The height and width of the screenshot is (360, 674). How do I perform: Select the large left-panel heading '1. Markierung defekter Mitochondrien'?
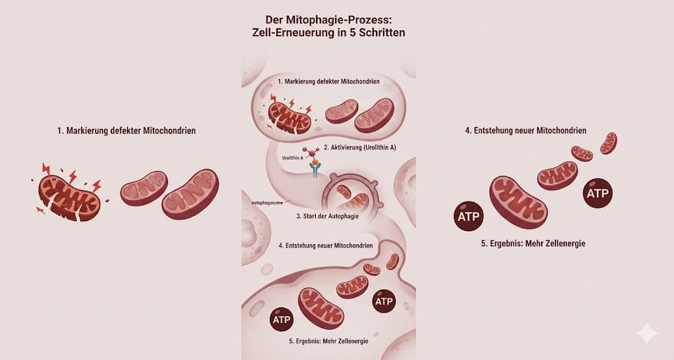pos(126,131)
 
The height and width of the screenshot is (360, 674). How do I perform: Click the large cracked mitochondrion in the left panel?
pos(69,195)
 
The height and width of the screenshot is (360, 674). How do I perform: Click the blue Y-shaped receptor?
pos(316,172)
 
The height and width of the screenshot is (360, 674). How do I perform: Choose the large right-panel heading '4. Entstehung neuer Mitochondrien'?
pos(525,131)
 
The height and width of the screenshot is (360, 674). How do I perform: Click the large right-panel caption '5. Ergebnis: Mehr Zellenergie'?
pos(533,243)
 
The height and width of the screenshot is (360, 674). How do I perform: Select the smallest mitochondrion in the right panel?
pos(609,142)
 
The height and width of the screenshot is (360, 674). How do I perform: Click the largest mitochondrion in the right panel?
pos(519,201)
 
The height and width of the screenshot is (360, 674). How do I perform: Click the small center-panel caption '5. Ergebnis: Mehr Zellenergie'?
pos(328,341)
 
